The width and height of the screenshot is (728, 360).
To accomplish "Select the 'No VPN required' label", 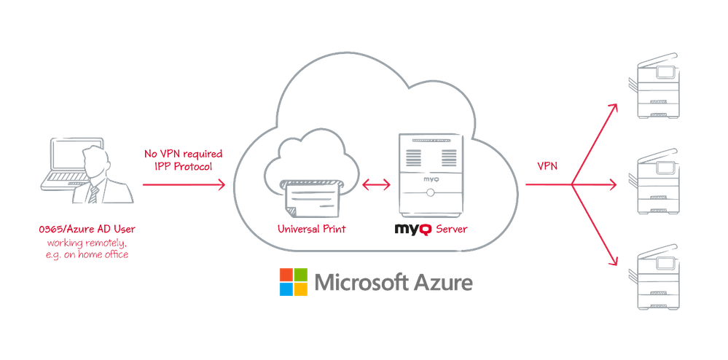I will tap(183, 154).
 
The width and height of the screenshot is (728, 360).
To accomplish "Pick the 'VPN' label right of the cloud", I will tap(548, 167).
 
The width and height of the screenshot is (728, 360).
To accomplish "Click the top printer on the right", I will tap(657, 88).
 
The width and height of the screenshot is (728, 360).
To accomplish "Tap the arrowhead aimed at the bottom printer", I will tap(614, 263).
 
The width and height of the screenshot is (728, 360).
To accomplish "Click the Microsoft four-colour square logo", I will tap(292, 282).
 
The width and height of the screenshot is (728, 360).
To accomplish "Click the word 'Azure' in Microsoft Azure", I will tap(442, 282).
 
